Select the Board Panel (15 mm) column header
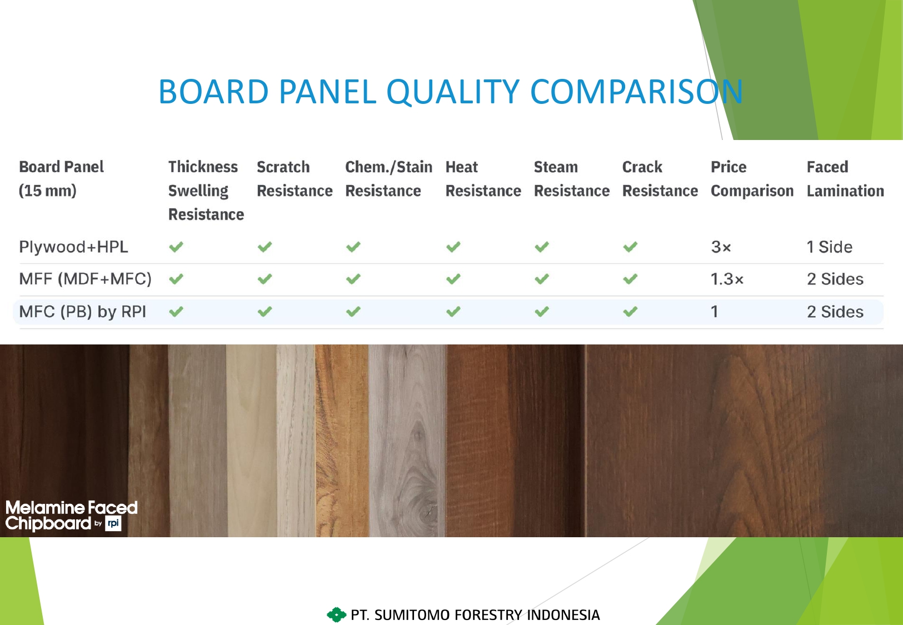click(x=61, y=178)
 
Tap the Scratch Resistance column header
click(x=295, y=178)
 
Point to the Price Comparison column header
click(x=752, y=178)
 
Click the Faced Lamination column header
click(x=845, y=178)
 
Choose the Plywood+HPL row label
click(x=73, y=247)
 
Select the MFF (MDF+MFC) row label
click(x=85, y=279)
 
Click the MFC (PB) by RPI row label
click(x=82, y=312)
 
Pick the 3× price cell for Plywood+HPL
click(x=721, y=247)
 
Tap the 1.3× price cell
click(x=727, y=279)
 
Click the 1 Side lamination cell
click(x=829, y=247)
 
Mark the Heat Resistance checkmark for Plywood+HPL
click(x=453, y=247)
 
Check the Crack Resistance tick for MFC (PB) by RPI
click(x=630, y=312)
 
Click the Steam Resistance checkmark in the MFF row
click(x=542, y=279)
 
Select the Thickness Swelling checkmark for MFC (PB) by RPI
click(x=176, y=312)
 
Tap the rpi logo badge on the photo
click(x=113, y=523)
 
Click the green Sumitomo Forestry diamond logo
click(x=336, y=614)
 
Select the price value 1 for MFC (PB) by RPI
click(x=714, y=312)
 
